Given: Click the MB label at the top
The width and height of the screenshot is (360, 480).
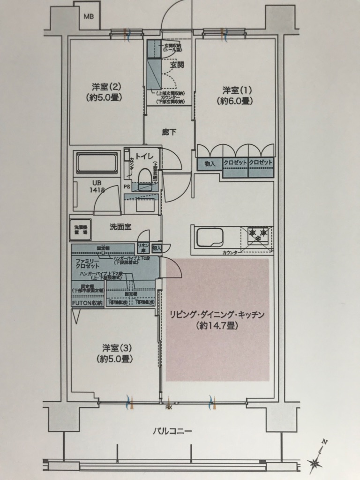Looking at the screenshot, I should pyautogui.click(x=89, y=16).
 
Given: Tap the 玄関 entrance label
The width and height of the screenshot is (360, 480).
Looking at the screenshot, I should pyautogui.click(x=177, y=65).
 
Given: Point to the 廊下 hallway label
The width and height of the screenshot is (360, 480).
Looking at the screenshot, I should pyautogui.click(x=169, y=132).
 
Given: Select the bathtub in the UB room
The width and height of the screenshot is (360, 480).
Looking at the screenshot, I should pyautogui.click(x=97, y=163).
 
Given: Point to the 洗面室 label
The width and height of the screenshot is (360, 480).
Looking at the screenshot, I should pyautogui.click(x=120, y=226).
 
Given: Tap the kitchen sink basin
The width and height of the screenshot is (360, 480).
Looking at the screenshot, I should pyautogui.click(x=209, y=237).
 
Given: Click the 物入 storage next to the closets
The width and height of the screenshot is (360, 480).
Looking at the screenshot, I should pyautogui.click(x=209, y=164).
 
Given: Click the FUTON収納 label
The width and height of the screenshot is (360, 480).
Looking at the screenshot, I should pyautogui.click(x=87, y=303).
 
